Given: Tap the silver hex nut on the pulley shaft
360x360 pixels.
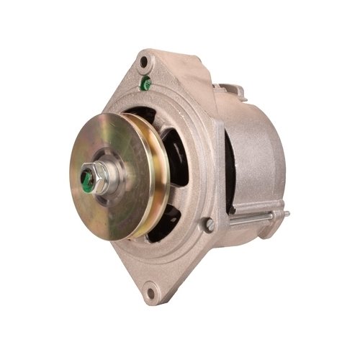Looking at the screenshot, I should (x=99, y=176).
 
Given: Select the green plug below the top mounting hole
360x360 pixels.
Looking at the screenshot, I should (x=146, y=84).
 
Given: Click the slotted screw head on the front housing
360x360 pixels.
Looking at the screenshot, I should (x=209, y=225).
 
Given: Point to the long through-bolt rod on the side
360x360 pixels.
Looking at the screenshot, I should (x=252, y=218).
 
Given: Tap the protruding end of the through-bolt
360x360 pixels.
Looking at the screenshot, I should (x=285, y=214).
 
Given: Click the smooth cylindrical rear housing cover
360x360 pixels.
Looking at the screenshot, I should (x=256, y=155).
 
